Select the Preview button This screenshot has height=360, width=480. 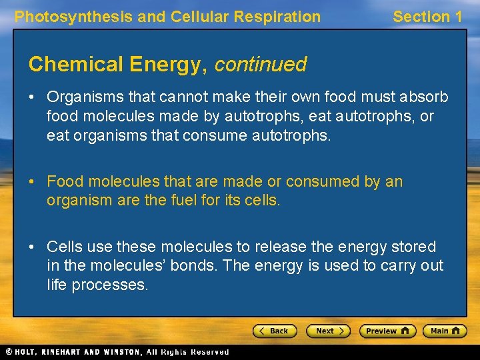pyautogui.click(x=387, y=331)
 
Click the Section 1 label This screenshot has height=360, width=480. pyautogui.click(x=427, y=17)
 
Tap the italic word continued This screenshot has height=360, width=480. pyautogui.click(x=261, y=65)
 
